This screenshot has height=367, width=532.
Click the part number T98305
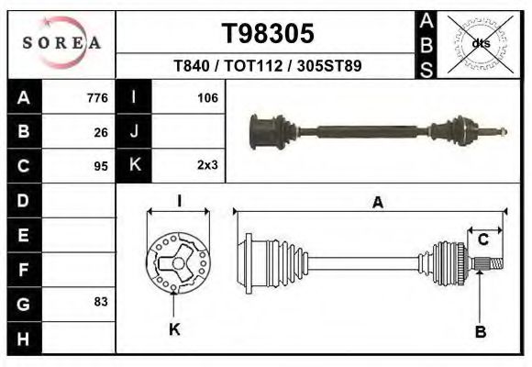(268, 33)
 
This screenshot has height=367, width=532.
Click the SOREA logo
(61, 42)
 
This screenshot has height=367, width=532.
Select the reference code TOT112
(268, 67)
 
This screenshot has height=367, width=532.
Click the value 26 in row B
(101, 131)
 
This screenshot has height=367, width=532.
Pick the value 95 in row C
(101, 166)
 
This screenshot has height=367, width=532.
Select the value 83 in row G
(101, 301)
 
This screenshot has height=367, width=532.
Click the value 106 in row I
(206, 97)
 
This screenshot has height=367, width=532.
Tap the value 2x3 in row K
(206, 166)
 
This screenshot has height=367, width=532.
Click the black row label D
(24, 200)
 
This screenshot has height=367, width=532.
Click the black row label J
(135, 131)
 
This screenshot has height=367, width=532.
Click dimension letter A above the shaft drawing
(377, 204)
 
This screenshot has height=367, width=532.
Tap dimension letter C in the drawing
(482, 240)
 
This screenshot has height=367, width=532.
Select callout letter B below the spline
(480, 331)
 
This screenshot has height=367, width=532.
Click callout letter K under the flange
(174, 329)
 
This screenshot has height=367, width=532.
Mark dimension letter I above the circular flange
(180, 201)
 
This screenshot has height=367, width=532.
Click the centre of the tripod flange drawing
(173, 264)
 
